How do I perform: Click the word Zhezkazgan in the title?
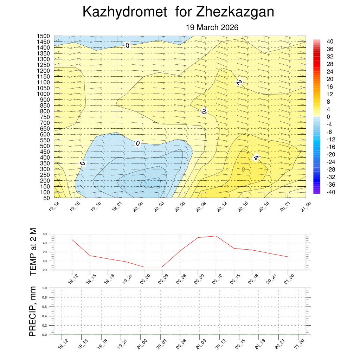[235, 12]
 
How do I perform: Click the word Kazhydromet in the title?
[124, 12]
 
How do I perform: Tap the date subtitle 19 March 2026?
[212, 27]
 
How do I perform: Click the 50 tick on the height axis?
[46, 198]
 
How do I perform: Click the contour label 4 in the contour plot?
[256, 158]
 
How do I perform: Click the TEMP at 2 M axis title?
[33, 251]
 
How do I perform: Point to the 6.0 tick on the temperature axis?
[45, 234]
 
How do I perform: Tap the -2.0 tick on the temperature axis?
[44, 270]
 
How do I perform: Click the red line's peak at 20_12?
[216, 236]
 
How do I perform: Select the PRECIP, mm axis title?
[33, 311]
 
